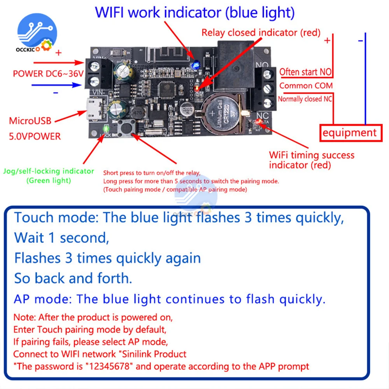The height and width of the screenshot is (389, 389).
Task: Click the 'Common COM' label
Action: (306, 86)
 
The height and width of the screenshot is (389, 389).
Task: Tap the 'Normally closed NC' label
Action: (305, 99)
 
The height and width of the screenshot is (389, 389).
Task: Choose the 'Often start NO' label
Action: (305, 72)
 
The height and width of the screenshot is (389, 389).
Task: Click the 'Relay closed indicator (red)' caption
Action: (261, 33)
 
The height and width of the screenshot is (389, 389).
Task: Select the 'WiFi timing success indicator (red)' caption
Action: (312, 160)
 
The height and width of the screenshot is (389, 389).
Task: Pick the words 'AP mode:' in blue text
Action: (42, 299)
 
